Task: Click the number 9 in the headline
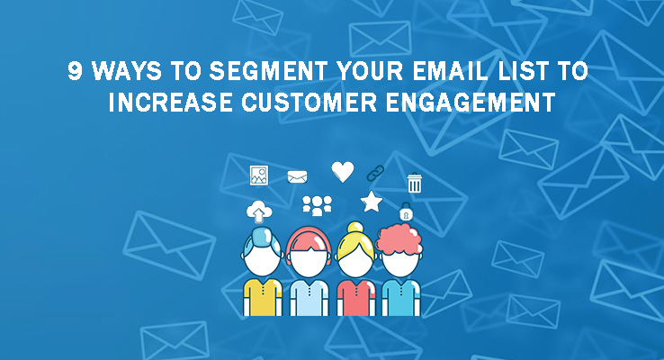click(75, 71)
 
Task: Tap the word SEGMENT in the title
click(268, 71)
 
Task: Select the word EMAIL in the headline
click(450, 71)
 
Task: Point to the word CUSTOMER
click(310, 102)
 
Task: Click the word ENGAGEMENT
click(471, 102)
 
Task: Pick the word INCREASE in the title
click(170, 102)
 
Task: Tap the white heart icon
click(343, 172)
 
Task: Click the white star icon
click(372, 202)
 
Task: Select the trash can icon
click(414, 183)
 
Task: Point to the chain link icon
click(375, 173)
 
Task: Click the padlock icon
click(406, 211)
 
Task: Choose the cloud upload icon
click(259, 211)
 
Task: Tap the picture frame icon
click(259, 175)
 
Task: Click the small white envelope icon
click(297, 176)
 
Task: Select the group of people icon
click(318, 206)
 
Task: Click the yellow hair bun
click(355, 228)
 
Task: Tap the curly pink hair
click(399, 239)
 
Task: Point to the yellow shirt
click(263, 297)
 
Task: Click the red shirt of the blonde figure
click(355, 297)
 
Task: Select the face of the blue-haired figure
click(263, 259)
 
